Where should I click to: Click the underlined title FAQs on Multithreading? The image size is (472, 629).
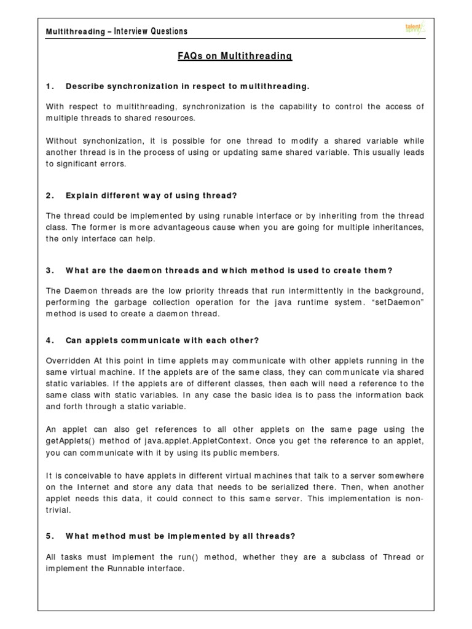235,57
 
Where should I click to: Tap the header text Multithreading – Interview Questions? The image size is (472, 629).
117,31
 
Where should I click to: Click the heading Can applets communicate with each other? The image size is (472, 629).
162,340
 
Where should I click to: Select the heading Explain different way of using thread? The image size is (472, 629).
151,195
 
